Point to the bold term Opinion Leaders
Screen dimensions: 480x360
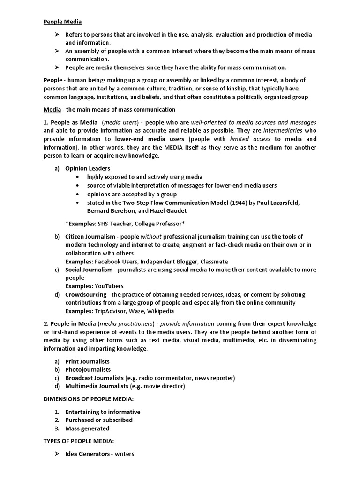88,168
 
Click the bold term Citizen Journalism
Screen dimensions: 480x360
90,237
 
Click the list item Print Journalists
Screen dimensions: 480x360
87,361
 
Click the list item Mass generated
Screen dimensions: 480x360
87,428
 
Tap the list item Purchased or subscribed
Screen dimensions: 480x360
98,420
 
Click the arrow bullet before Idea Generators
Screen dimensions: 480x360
56,454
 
